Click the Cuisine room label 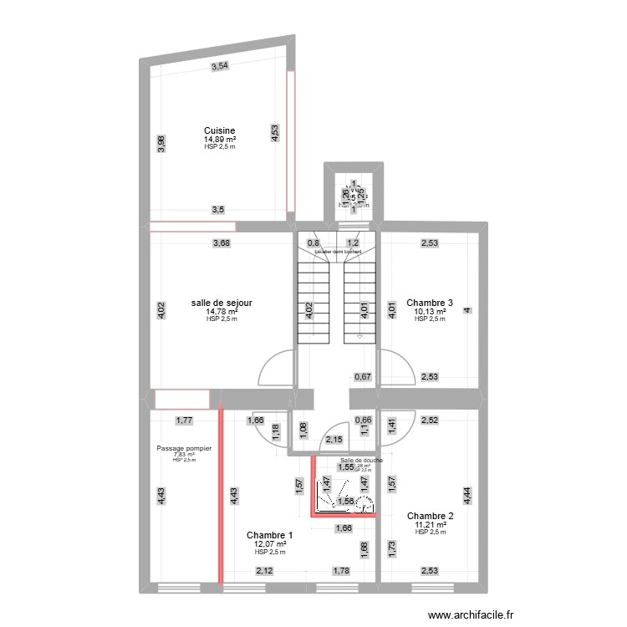(220, 130)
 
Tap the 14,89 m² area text (220, 140)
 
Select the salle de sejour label (222, 303)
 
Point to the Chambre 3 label (430, 303)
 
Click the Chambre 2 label (430, 516)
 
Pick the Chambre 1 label (270, 535)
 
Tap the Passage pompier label (184, 448)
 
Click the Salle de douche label (362, 460)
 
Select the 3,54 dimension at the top (219, 66)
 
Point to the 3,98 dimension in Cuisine (161, 145)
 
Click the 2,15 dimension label (334, 440)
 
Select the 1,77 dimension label (183, 421)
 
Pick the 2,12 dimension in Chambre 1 (264, 572)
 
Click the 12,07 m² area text (270, 544)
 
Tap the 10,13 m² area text (430, 312)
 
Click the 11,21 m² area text (430, 525)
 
